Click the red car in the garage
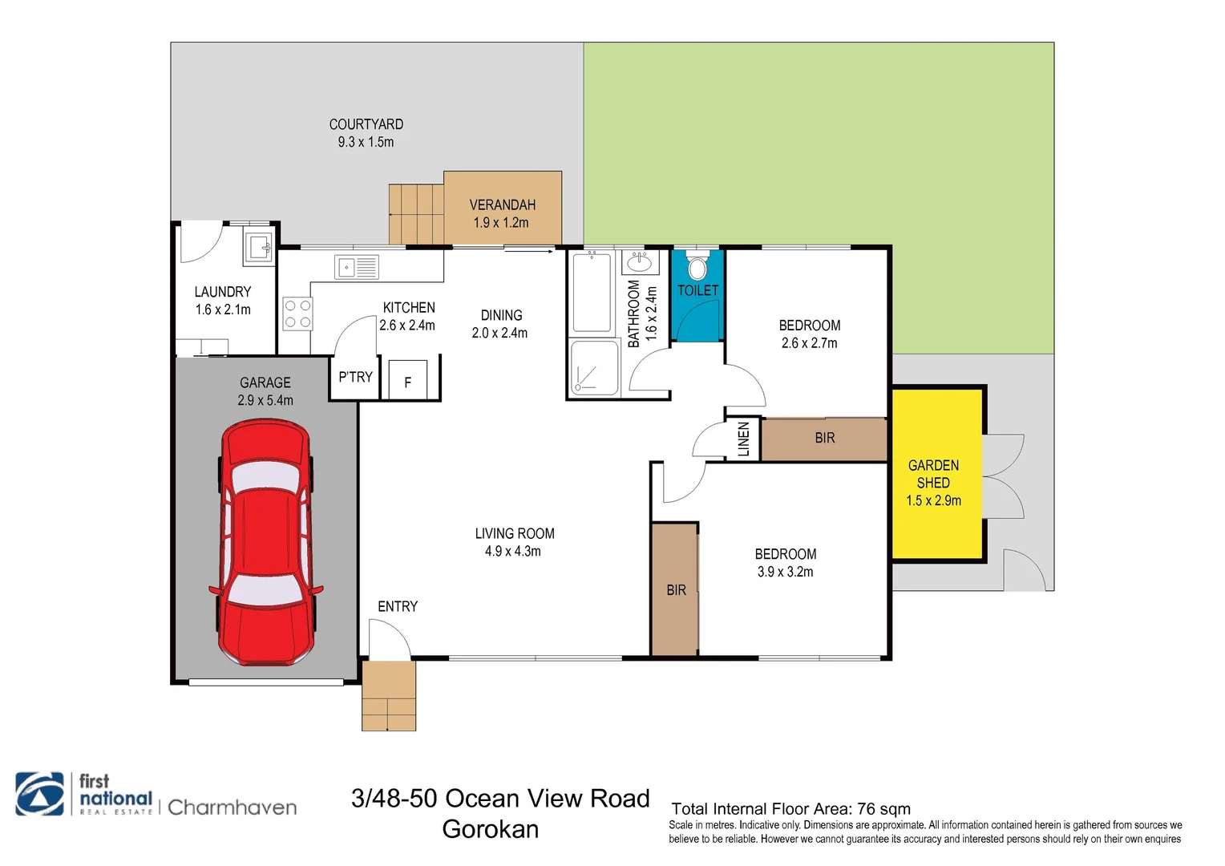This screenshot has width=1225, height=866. (x=266, y=542)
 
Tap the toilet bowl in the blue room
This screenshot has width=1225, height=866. (x=697, y=267)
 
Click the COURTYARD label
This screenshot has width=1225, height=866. (x=366, y=124)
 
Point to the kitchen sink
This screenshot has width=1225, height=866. (x=357, y=268)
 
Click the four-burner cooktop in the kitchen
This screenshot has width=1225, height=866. (x=297, y=314)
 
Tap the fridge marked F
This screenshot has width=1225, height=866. (x=407, y=379)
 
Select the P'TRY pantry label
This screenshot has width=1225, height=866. (x=355, y=377)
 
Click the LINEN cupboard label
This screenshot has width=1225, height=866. (x=743, y=439)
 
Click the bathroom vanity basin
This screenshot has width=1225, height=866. (x=640, y=263)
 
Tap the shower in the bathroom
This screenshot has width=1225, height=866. (x=594, y=367)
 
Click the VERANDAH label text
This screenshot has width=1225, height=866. (x=502, y=205)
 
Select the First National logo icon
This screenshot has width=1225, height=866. (x=39, y=794)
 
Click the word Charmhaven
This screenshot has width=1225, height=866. (x=232, y=807)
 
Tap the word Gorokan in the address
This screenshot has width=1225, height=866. (x=490, y=829)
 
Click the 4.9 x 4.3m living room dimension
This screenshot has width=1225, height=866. (x=512, y=551)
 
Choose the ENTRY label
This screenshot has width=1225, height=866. (x=398, y=606)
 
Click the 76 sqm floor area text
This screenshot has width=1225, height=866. (x=883, y=808)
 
